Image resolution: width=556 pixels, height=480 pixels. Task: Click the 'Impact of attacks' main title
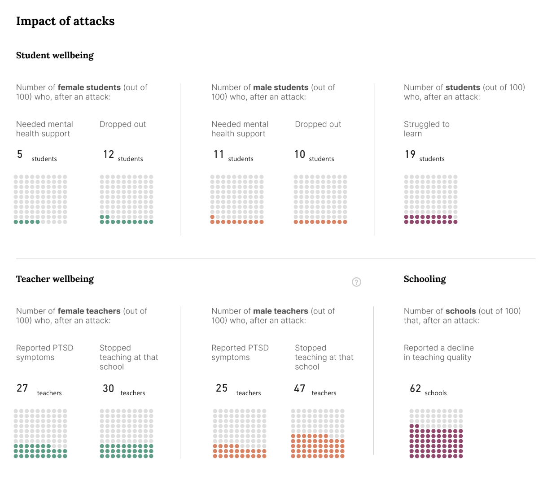click(65, 21)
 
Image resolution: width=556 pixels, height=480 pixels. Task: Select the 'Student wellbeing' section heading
click(55, 55)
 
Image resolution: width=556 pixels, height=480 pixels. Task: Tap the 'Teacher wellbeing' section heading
click(55, 279)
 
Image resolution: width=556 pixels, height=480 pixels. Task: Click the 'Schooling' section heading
click(425, 279)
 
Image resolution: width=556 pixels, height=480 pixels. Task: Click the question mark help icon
click(356, 282)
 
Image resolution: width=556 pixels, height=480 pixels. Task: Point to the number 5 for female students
click(20, 154)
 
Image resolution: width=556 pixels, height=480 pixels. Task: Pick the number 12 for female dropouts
click(109, 154)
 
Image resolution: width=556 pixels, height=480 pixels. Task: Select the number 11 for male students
click(219, 154)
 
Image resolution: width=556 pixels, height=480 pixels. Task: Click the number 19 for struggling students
click(410, 154)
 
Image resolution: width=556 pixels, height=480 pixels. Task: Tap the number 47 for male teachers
click(299, 388)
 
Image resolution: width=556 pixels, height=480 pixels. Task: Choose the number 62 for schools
click(415, 388)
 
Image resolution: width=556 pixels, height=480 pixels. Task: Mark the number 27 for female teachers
click(22, 388)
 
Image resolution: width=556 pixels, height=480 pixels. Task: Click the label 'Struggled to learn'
click(426, 129)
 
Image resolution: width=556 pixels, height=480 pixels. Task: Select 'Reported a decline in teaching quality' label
click(438, 353)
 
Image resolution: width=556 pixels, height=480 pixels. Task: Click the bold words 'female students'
click(89, 87)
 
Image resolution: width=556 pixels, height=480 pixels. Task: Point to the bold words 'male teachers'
click(280, 311)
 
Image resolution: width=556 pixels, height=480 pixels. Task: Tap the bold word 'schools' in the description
click(461, 311)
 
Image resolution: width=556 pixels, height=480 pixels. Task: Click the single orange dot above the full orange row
click(212, 217)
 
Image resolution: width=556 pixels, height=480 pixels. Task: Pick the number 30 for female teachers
click(108, 388)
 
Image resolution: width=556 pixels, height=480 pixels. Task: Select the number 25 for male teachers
click(222, 388)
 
